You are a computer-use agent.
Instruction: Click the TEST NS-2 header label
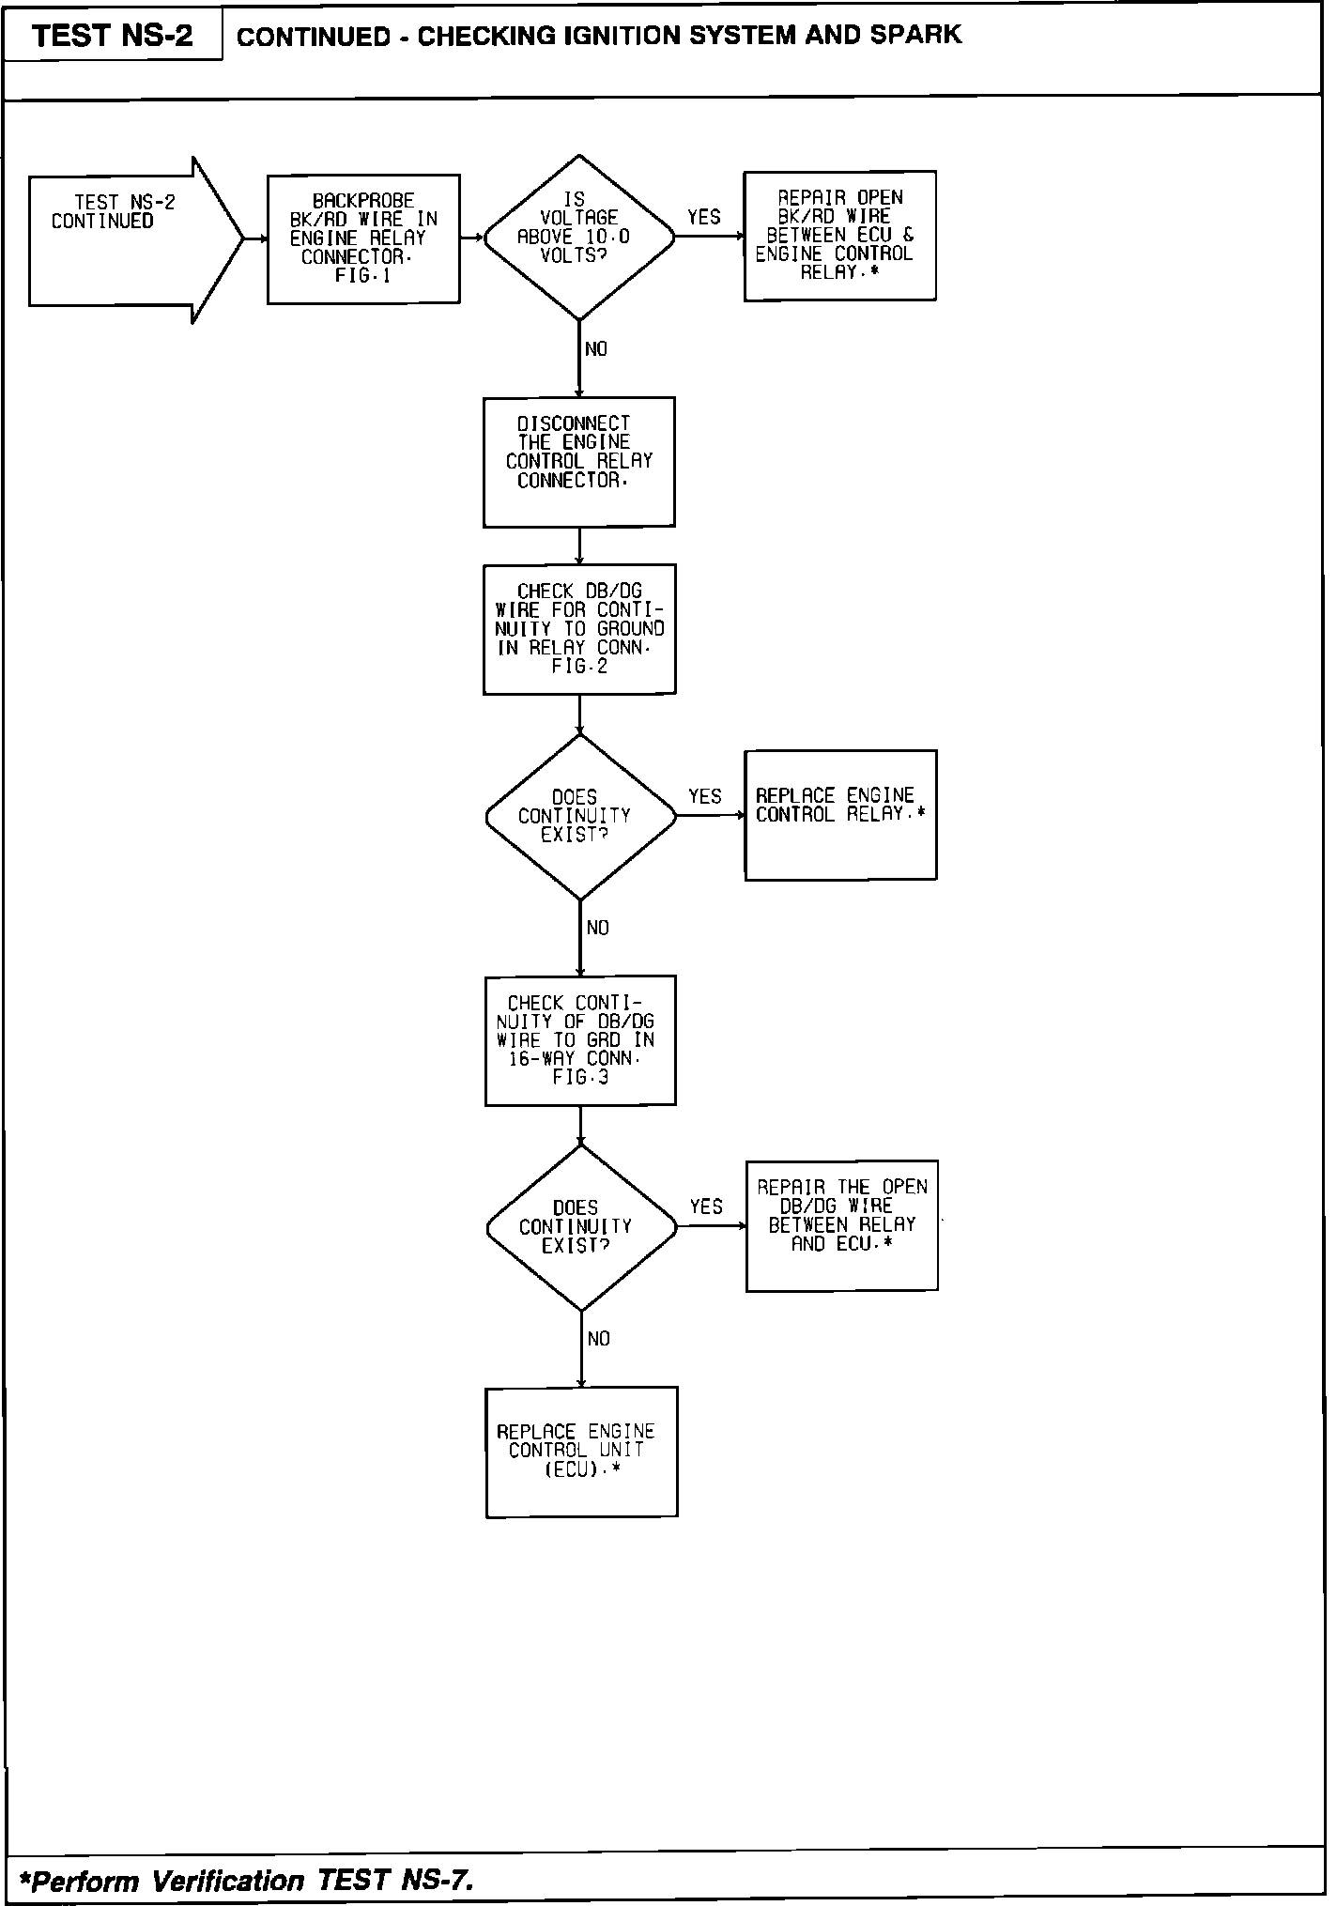pos(112,36)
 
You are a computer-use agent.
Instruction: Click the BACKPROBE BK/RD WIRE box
pos(363,238)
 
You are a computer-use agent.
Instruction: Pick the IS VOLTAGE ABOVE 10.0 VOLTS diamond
pos(578,238)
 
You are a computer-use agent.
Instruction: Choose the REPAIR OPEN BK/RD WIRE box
pos(839,236)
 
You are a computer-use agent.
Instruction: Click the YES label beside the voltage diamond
pos(703,218)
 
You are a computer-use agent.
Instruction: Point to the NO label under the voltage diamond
pos(596,349)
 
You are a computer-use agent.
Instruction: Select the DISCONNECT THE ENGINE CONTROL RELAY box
pos(578,461)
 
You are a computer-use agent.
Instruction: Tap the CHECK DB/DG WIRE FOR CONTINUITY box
pos(579,628)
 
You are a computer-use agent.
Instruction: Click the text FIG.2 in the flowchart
pos(579,667)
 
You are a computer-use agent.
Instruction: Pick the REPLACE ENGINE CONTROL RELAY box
pos(840,814)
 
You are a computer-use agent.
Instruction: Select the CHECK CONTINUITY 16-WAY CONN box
pos(580,1039)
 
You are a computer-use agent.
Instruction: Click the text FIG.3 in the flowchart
pos(580,1078)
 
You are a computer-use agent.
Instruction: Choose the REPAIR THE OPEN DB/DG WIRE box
pos(841,1224)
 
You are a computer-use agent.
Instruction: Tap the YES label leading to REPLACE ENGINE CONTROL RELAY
pos(705,797)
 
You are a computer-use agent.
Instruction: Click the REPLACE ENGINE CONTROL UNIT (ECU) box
pos(581,1451)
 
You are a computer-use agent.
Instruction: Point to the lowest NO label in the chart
pos(598,1339)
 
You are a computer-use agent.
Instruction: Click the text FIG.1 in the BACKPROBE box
pos(362,276)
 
